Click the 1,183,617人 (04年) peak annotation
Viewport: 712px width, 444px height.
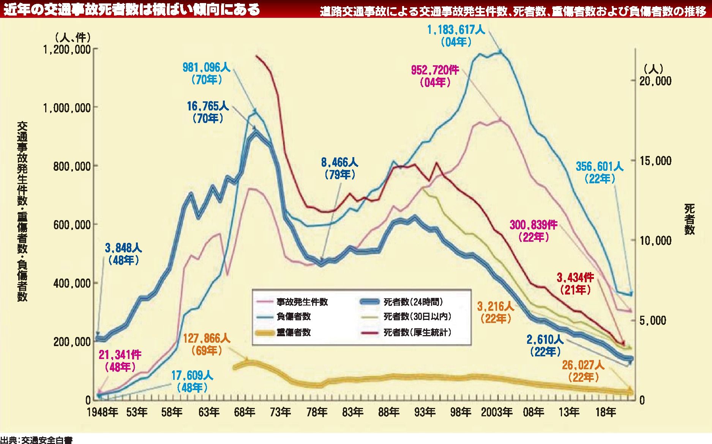(x=456, y=35)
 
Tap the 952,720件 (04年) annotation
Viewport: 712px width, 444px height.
(x=435, y=76)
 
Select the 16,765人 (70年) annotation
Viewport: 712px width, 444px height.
(x=208, y=112)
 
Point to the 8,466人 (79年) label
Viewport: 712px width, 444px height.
(x=339, y=168)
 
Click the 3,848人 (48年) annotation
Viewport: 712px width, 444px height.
(x=123, y=254)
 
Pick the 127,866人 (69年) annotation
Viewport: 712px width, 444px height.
(x=207, y=344)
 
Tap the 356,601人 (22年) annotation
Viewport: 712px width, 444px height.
(x=600, y=172)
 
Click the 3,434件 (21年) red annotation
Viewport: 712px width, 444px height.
(x=575, y=283)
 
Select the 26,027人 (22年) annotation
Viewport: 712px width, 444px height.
(x=583, y=371)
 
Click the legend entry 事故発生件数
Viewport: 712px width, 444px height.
(x=302, y=302)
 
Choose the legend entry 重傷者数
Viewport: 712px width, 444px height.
(x=294, y=332)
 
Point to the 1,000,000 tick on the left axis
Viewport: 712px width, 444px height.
(x=67, y=108)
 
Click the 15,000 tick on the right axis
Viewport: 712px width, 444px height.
(x=655, y=161)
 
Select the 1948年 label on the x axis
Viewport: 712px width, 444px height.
(x=102, y=412)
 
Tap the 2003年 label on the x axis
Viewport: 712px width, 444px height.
(x=497, y=412)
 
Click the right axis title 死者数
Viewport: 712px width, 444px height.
(x=689, y=219)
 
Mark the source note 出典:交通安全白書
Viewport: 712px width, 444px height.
(x=36, y=440)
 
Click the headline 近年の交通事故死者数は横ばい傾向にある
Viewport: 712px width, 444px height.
(x=132, y=9)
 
